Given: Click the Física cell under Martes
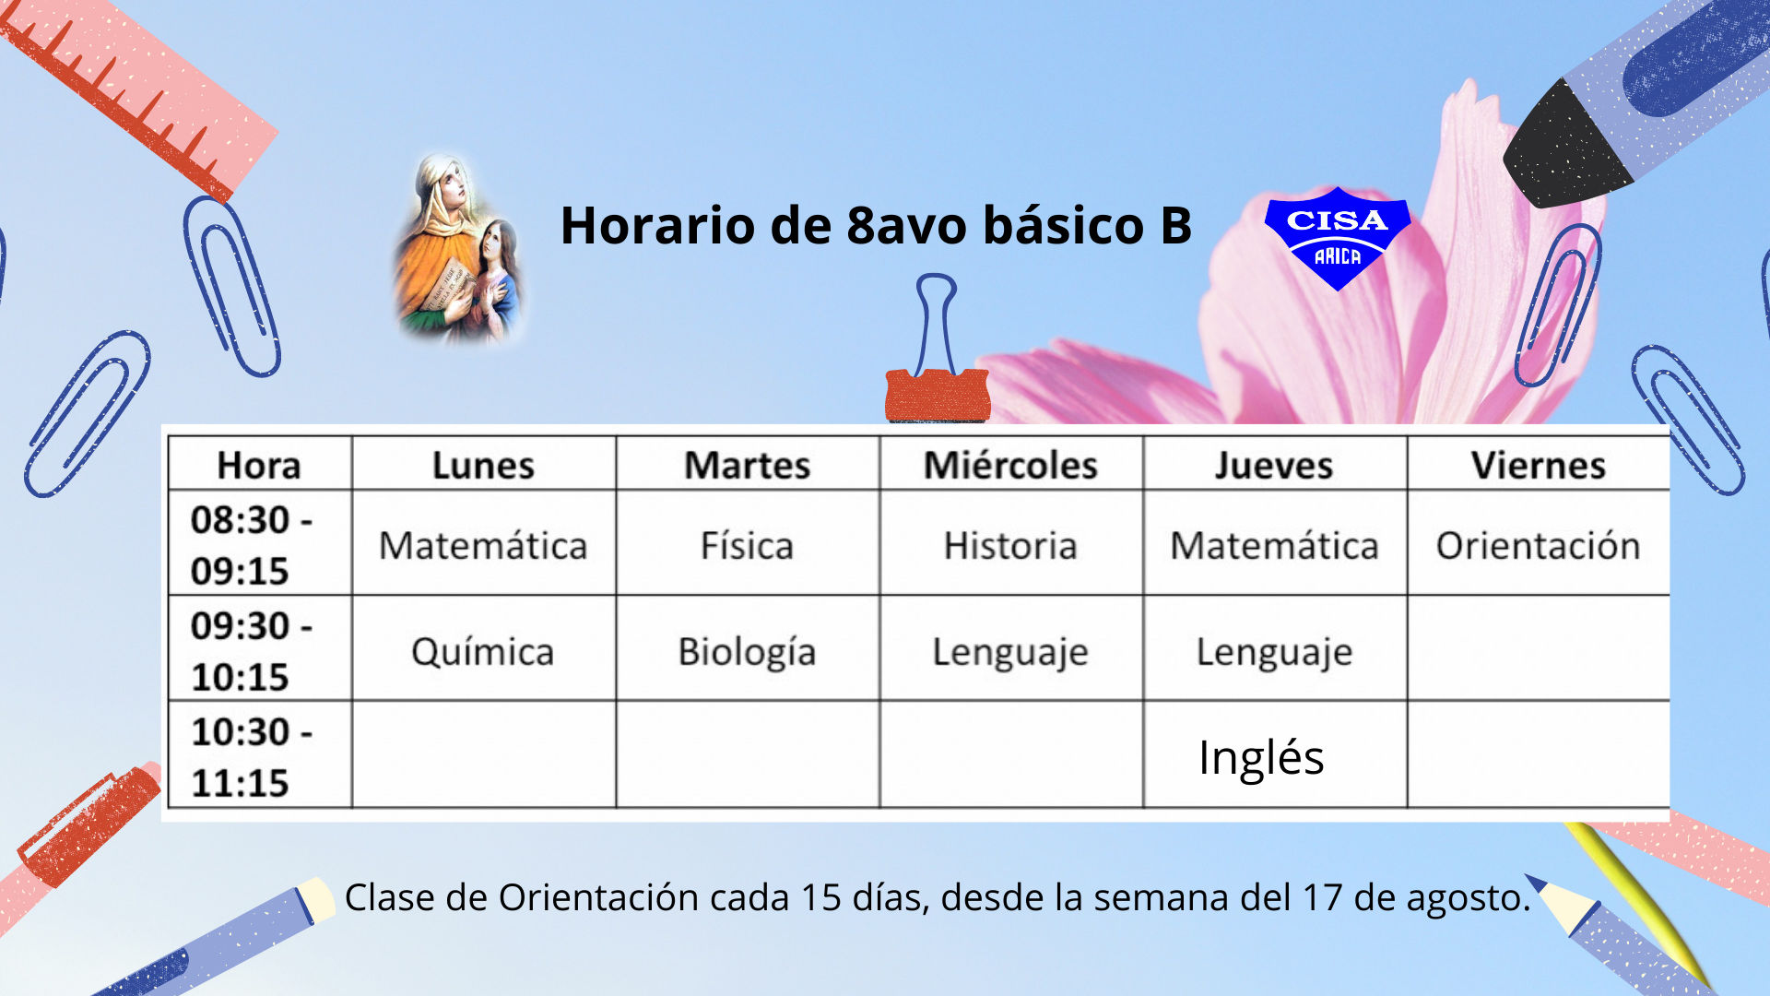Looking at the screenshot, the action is pyautogui.click(x=747, y=545).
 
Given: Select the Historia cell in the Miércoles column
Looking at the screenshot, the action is pyautogui.click(x=1010, y=545).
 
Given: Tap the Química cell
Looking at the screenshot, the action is pyautogui.click(x=482, y=652).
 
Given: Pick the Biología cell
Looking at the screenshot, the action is pyautogui.click(x=747, y=652).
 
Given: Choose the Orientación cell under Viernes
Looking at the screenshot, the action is pyautogui.click(x=1538, y=545).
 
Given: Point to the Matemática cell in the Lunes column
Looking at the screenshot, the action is pyautogui.click(x=483, y=545).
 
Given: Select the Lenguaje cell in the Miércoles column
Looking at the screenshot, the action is pyautogui.click(x=1010, y=652).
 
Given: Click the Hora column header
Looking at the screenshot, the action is pyautogui.click(x=259, y=466).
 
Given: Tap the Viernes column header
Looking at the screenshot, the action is pyautogui.click(x=1538, y=466).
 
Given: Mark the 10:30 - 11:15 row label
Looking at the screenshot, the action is pyautogui.click(x=251, y=757).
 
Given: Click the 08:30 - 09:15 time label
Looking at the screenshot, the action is pyautogui.click(x=251, y=545).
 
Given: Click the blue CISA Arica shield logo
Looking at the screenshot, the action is pyautogui.click(x=1337, y=238).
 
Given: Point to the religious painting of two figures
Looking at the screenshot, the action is pyautogui.click(x=459, y=249).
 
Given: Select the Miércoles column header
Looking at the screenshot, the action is pyautogui.click(x=1010, y=466).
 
